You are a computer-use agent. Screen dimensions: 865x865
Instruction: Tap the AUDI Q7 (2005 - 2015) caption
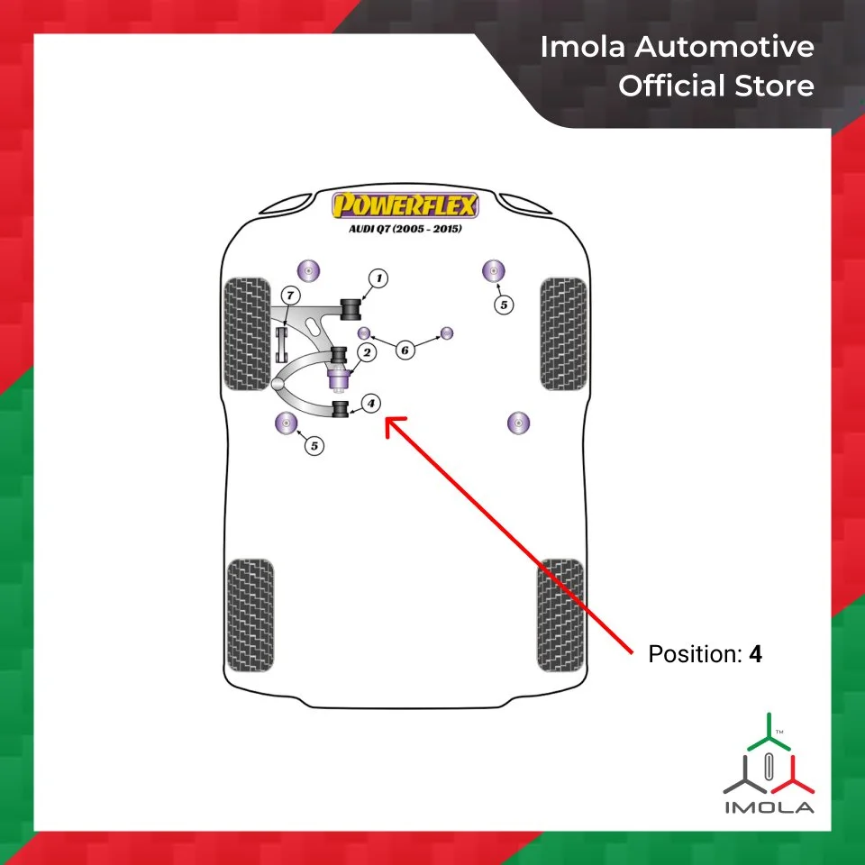pyautogui.click(x=405, y=229)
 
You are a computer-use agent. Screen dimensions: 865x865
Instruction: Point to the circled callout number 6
pyautogui.click(x=405, y=349)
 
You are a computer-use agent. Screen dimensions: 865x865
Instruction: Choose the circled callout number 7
pyautogui.click(x=289, y=296)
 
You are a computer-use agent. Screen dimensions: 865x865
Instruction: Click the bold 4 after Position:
pyautogui.click(x=755, y=655)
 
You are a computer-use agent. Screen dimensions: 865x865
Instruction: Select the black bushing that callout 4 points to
pyautogui.click(x=341, y=411)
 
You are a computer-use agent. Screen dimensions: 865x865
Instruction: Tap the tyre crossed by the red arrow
pyautogui.click(x=561, y=615)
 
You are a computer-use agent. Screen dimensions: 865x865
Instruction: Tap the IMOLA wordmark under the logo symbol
pyautogui.click(x=769, y=806)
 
